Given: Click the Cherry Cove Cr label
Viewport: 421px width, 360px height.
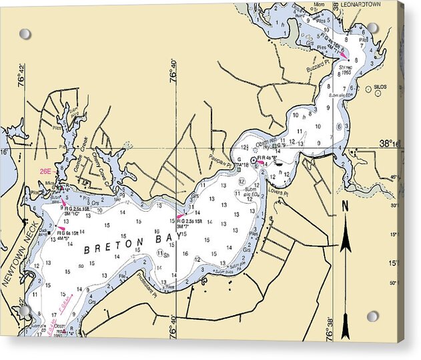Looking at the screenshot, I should click(x=99, y=160).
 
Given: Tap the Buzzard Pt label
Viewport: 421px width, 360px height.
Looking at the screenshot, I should click(x=318, y=69).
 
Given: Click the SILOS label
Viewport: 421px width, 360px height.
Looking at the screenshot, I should click(x=380, y=87).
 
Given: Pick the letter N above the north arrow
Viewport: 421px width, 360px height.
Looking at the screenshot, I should click(x=345, y=207).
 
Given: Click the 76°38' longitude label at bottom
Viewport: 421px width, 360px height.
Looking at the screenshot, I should click(x=330, y=329).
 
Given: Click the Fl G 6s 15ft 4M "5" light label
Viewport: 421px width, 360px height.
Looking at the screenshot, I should click(x=67, y=234).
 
